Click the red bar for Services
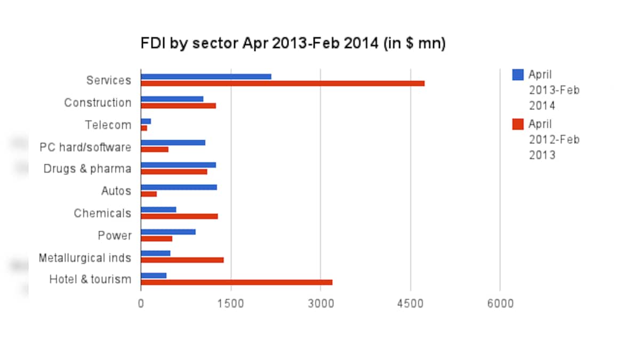283,83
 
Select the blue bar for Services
206,77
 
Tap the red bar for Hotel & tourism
236,282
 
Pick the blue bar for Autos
179,187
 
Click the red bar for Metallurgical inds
182,260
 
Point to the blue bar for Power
168,231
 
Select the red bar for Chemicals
179,216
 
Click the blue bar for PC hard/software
173,142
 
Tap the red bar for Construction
178,106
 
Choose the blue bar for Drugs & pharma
178,165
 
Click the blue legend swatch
517,75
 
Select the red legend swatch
517,124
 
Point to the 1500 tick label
231,303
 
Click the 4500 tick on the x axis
411,303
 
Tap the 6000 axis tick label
500,303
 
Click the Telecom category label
108,125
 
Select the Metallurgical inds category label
85,258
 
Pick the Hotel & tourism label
90,279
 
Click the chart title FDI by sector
293,43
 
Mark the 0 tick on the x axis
141,303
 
